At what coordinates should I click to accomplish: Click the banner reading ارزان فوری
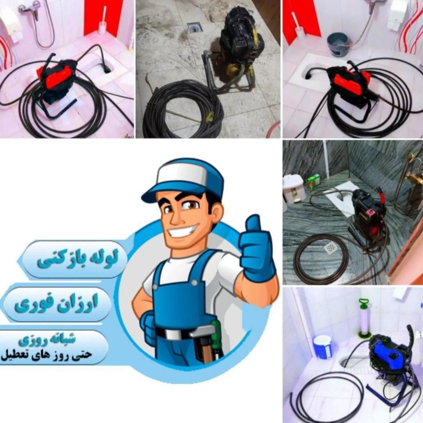coord(57,304)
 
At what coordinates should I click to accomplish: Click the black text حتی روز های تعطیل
coord(46,355)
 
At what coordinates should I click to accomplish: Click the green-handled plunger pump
coord(365,318)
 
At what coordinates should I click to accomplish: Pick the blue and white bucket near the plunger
coord(323,347)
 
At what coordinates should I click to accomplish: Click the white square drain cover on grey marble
coord(331,246)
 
